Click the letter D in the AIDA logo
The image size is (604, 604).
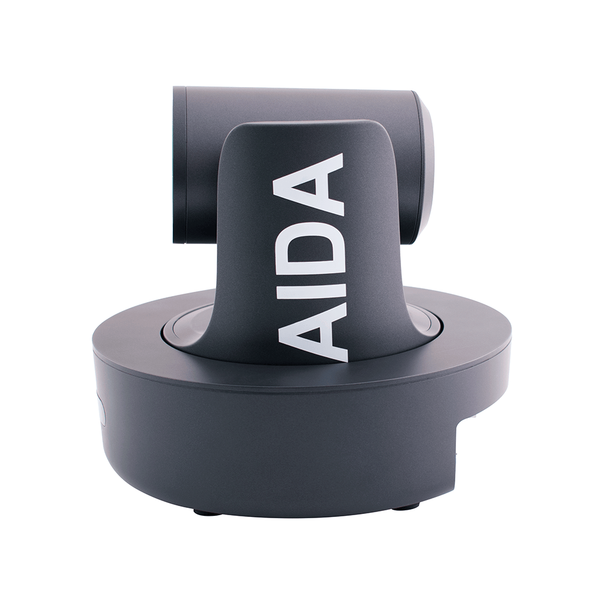(309, 249)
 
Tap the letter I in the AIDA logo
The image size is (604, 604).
(309, 291)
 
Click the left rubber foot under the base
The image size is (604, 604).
(207, 512)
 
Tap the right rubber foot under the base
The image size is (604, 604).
(405, 506)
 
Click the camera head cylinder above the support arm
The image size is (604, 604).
(302, 103)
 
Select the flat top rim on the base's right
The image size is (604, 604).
(471, 326)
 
